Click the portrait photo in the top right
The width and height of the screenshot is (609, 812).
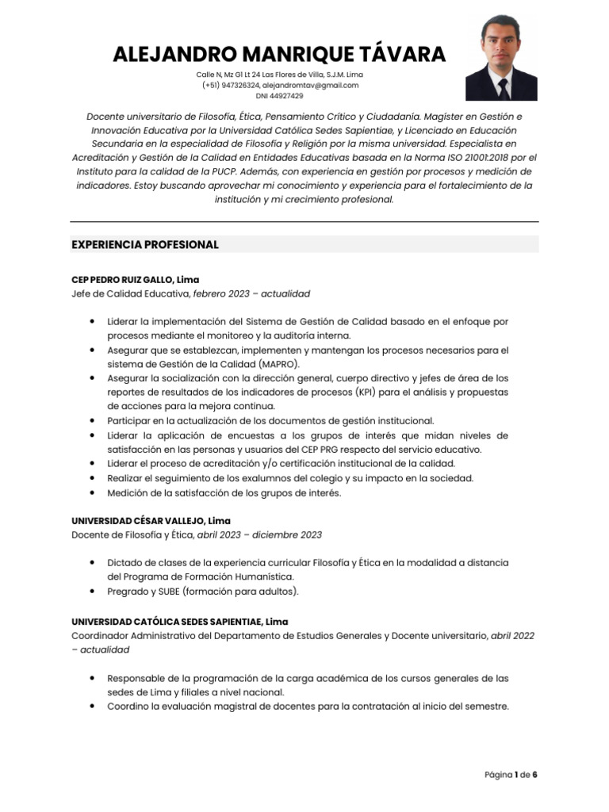[501, 58]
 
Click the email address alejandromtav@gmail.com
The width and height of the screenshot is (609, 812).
[311, 85]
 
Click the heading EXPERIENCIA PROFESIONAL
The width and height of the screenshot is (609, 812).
[145, 244]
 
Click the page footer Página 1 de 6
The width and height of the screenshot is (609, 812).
[511, 774]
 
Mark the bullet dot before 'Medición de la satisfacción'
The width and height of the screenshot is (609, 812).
[94, 492]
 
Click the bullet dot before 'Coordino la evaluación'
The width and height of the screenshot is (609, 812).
[94, 707]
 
